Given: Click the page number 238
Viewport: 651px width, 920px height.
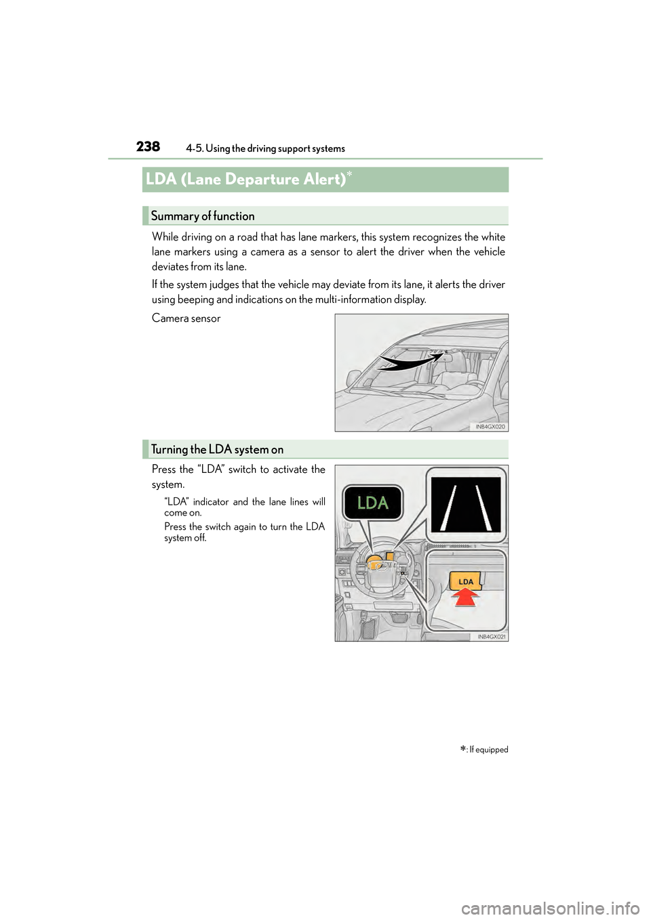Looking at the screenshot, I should tap(148, 146).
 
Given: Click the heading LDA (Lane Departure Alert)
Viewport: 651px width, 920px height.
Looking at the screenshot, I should tap(245, 180).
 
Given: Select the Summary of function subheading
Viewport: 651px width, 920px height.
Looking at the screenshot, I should tap(203, 216).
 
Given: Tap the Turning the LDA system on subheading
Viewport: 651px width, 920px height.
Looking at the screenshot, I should tap(217, 449).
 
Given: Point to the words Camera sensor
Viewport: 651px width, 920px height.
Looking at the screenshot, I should tap(186, 318).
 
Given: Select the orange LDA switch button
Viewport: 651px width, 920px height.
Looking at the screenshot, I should tap(466, 581).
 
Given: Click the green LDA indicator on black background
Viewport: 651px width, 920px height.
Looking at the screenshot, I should tap(373, 503).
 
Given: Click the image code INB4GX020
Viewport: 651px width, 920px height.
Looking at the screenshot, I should tap(490, 427).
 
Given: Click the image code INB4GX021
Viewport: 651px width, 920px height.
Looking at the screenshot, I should tap(491, 637).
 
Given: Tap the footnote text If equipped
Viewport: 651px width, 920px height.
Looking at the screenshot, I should tap(488, 750).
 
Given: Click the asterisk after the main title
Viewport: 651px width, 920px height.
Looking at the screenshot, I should tap(350, 175).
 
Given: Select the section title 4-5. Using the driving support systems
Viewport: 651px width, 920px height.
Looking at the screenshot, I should tap(265, 148).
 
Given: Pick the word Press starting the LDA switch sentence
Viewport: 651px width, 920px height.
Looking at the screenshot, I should tap(163, 469).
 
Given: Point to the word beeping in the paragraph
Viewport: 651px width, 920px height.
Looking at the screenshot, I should tap(195, 299).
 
